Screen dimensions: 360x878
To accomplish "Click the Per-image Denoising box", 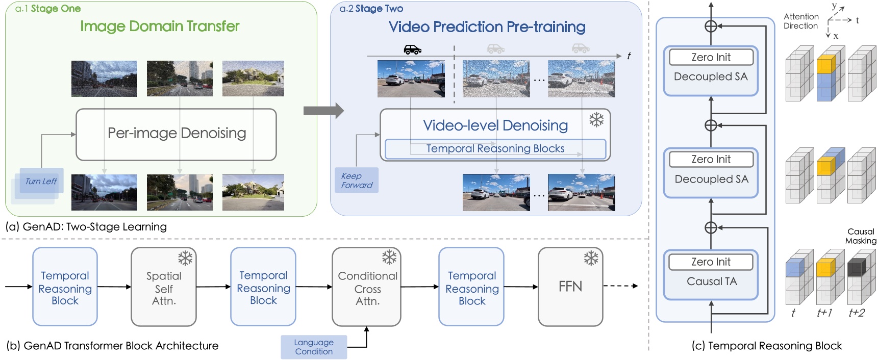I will click(x=176, y=134).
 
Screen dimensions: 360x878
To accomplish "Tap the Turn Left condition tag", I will click(x=41, y=182).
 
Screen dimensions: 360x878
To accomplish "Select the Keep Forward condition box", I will click(x=357, y=181).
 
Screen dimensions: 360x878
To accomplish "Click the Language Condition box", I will click(x=314, y=347).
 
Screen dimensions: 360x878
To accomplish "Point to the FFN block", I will click(x=570, y=287).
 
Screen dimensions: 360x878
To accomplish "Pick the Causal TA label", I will click(x=711, y=281).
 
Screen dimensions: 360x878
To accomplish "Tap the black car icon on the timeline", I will click(x=412, y=49).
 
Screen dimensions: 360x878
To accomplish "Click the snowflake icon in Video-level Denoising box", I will click(x=596, y=120).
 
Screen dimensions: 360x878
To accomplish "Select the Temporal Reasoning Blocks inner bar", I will click(x=495, y=149).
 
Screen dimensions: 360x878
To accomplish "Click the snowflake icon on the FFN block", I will click(x=591, y=259).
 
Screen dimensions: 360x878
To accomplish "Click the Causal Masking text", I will click(x=861, y=236).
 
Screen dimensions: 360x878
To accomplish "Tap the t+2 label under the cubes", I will click(x=857, y=313).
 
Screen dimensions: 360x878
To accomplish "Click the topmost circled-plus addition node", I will click(x=711, y=26).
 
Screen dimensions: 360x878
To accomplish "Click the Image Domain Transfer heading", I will click(x=160, y=27).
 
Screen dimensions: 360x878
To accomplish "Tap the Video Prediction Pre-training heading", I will click(x=487, y=27).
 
